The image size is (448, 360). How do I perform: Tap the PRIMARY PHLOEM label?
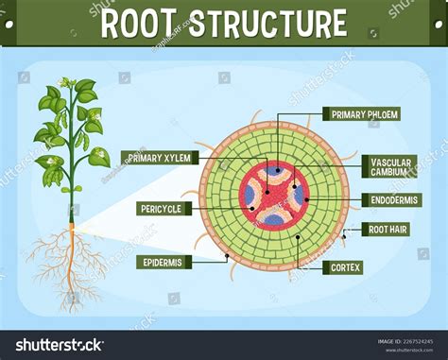pos(364,114)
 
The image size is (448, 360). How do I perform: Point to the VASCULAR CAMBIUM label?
pos(389,167)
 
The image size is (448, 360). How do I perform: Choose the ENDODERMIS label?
pos(390,200)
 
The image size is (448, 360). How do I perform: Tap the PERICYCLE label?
pos(159,208)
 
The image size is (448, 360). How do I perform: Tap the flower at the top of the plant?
pos(67,84)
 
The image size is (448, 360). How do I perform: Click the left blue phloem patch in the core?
pos(250,196)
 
